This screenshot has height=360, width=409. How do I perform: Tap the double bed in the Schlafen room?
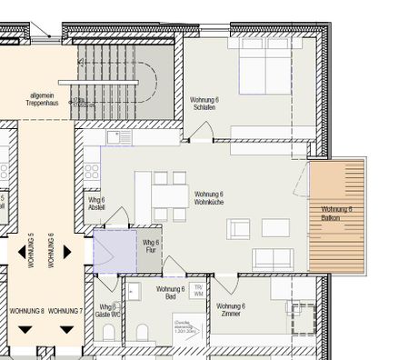(264, 69)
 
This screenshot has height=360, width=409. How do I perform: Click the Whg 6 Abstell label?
(97, 203)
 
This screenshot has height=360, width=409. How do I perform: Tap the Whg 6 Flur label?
(151, 245)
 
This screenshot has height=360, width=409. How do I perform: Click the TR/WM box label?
(199, 290)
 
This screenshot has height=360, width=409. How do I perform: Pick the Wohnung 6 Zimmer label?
(232, 310)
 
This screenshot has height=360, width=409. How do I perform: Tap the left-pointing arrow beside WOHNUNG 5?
(20, 252)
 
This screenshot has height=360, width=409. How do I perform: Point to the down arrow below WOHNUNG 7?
(66, 328)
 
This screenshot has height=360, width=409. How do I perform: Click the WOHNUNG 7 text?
(66, 311)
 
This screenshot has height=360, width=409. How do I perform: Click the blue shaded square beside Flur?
(113, 250)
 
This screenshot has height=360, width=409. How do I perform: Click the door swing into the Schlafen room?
(204, 133)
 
